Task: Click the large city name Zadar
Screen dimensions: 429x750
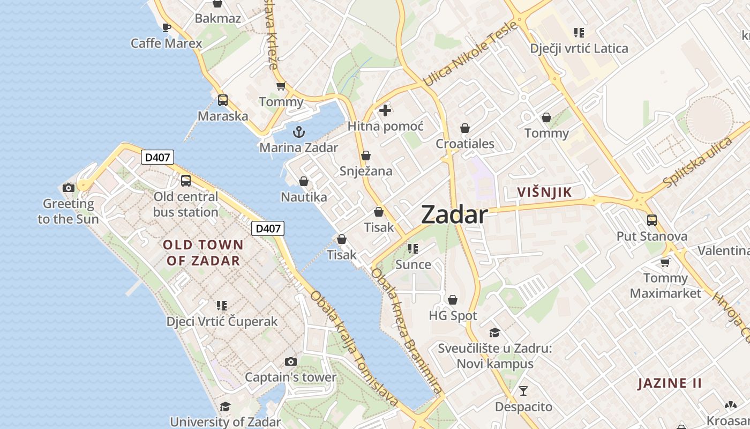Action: click(x=454, y=214)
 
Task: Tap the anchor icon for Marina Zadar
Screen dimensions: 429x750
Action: click(x=299, y=131)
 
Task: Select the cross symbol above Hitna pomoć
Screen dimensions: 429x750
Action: click(x=385, y=111)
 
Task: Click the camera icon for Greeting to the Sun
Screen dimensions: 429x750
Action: click(x=69, y=188)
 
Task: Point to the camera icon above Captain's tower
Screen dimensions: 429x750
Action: click(x=291, y=362)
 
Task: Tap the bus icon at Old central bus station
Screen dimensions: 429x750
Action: click(x=186, y=181)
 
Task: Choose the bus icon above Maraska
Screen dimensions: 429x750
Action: click(x=223, y=100)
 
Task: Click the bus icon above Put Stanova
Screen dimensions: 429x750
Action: click(x=652, y=220)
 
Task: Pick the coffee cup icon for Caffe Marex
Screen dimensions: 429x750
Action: click(x=167, y=27)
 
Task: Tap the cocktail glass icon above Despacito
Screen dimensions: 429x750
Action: click(x=523, y=390)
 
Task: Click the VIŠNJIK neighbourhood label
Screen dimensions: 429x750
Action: click(x=544, y=192)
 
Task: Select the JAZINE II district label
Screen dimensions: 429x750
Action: click(x=670, y=383)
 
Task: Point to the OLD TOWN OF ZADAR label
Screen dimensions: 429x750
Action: click(x=203, y=253)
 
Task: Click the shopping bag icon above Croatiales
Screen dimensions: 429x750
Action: click(x=465, y=128)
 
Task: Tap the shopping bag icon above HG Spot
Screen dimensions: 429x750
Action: click(x=453, y=300)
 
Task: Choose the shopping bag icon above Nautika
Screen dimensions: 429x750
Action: click(x=304, y=181)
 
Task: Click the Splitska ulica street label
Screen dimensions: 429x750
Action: click(x=697, y=162)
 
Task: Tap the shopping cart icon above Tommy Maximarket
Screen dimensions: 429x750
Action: click(x=665, y=262)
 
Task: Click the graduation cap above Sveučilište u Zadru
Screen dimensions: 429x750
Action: click(x=494, y=332)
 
